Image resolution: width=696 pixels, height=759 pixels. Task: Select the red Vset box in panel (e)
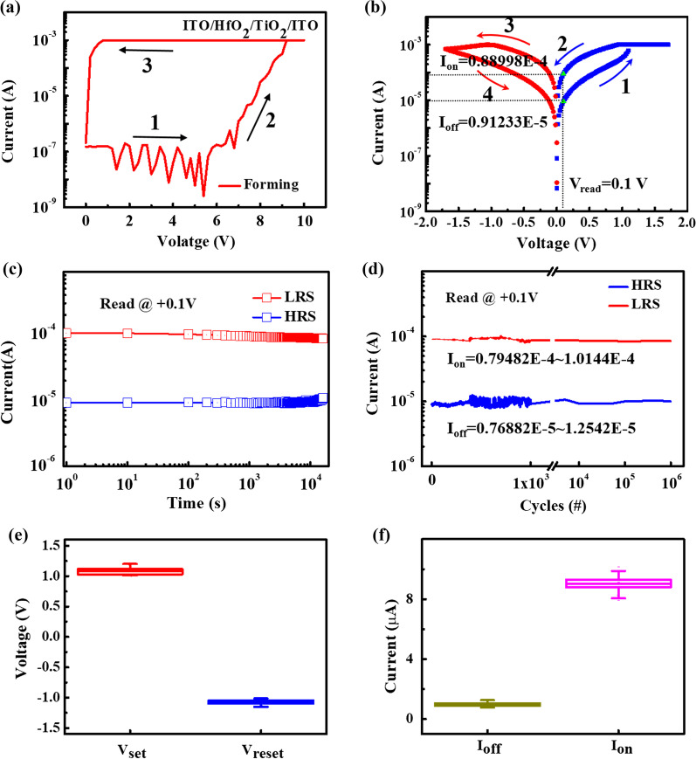130,571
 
